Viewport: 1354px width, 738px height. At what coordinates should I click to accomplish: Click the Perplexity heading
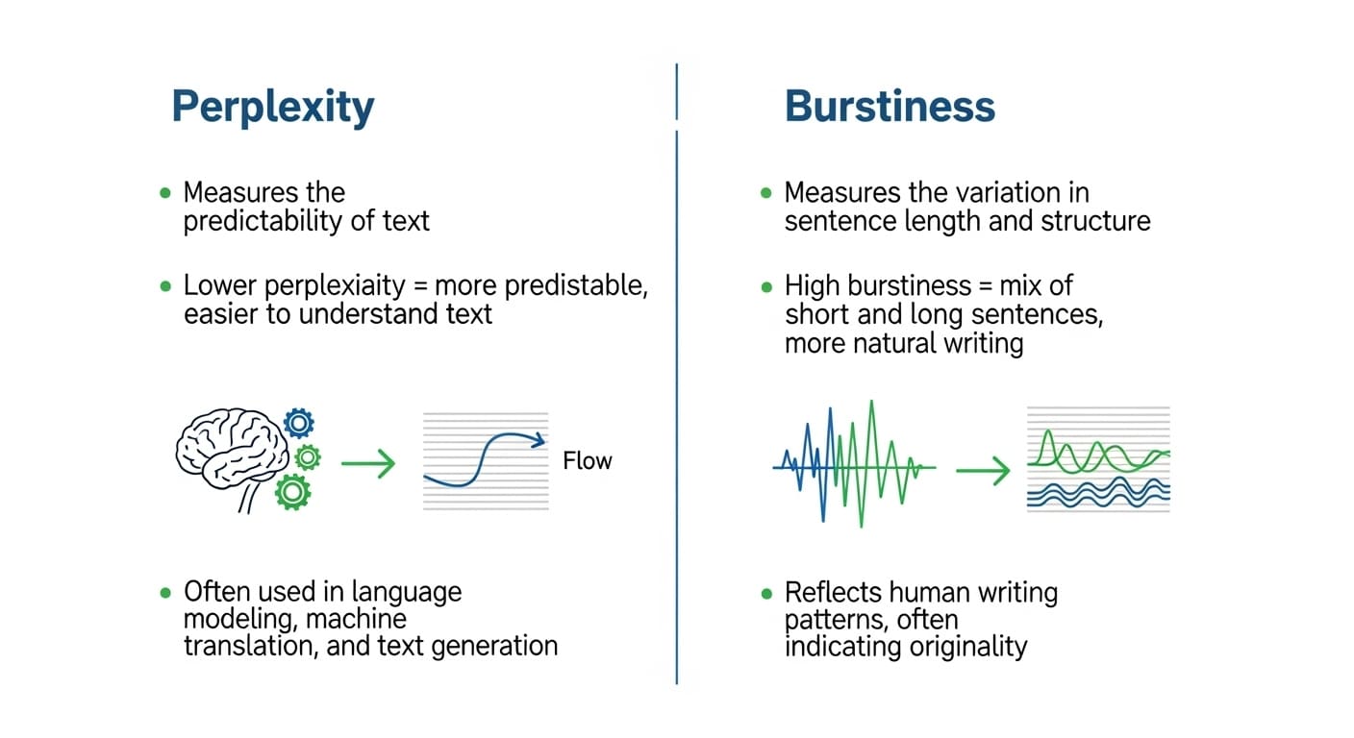pos(272,107)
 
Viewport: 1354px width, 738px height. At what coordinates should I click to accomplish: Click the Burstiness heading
pos(890,107)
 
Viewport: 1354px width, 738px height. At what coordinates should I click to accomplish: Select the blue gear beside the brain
pos(299,423)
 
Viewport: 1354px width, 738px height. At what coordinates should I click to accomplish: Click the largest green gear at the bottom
pos(292,492)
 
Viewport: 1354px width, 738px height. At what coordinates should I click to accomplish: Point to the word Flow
pos(587,461)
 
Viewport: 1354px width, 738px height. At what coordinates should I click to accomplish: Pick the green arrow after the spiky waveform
pos(982,470)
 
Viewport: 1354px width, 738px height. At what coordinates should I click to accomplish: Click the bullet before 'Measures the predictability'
pos(164,193)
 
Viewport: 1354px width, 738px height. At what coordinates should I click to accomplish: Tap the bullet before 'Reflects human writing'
pos(765,593)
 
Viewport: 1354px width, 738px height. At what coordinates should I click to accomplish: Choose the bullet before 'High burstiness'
pos(765,286)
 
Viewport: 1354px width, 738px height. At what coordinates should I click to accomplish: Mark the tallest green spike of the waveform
pos(871,404)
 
